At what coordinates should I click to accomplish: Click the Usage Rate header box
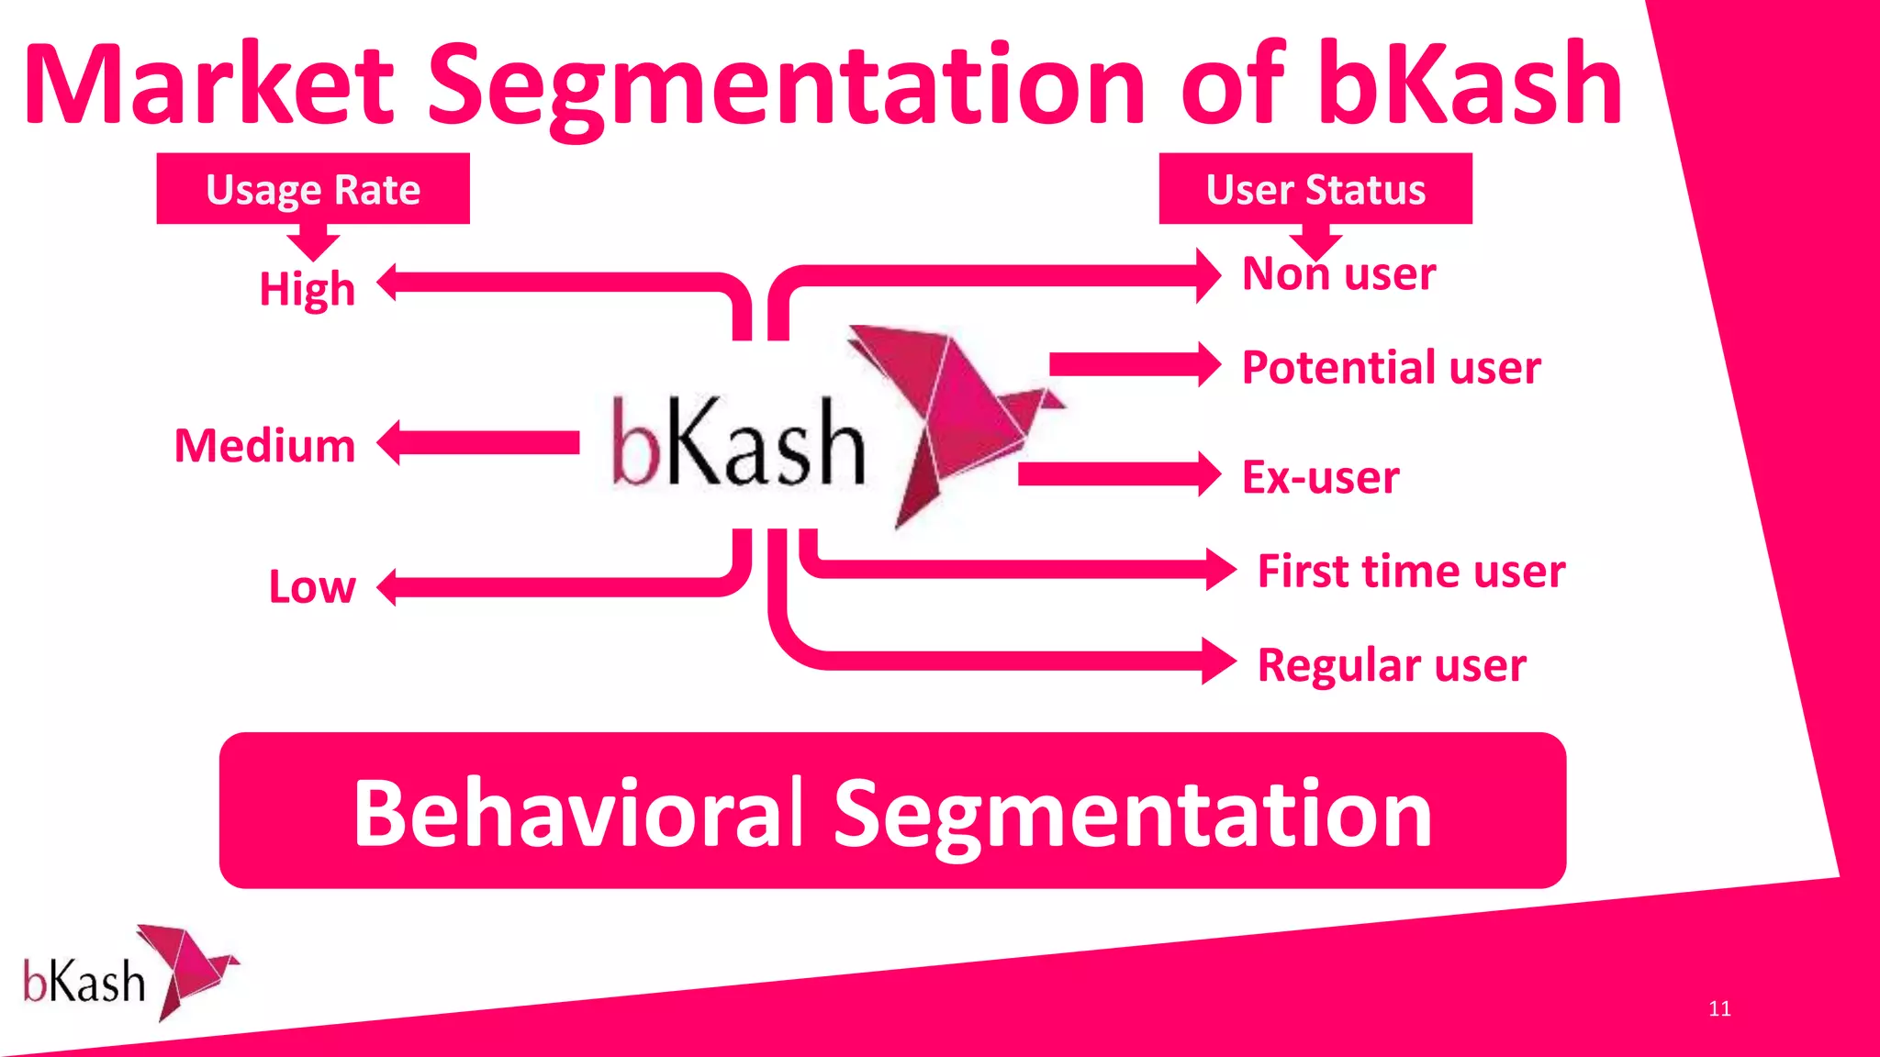coord(313,189)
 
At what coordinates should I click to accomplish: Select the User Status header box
coord(1315,189)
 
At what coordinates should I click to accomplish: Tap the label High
coord(307,288)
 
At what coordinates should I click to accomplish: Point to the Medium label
coord(264,446)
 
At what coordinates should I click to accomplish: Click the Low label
coord(311,586)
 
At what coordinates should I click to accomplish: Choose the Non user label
coord(1338,274)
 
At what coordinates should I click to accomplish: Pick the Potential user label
coord(1391,368)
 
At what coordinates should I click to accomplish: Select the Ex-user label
coord(1320,477)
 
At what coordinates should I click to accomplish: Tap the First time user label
coord(1411,572)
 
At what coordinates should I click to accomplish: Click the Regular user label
coord(1392,665)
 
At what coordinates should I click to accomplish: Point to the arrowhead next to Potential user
coord(1208,364)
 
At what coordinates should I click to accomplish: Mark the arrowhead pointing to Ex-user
coord(1208,473)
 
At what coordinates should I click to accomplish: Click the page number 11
coord(1719,1008)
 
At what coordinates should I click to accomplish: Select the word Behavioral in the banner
coord(578,813)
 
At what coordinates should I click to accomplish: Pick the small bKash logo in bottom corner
coord(129,974)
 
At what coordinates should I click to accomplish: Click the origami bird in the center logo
coord(955,413)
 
